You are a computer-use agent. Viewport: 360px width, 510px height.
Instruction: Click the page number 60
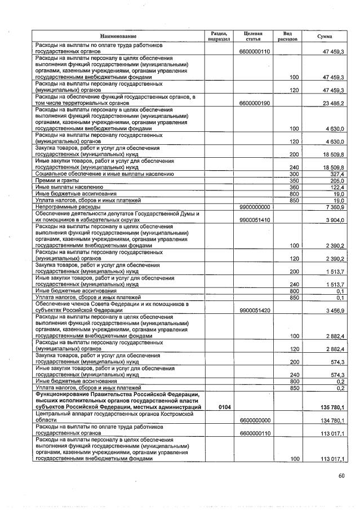coord(341,476)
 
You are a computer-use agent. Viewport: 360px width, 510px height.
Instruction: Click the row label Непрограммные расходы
coord(68,207)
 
